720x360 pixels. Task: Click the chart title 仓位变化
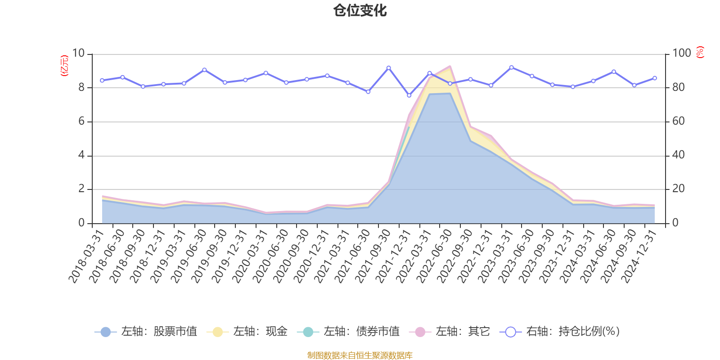coord(360,10)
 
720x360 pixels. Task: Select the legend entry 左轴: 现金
coord(247,332)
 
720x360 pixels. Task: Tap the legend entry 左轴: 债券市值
coord(348,332)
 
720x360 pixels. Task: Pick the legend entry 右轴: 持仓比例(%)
coord(560,332)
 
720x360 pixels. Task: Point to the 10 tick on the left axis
coord(78,54)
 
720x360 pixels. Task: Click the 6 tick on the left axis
coord(81,121)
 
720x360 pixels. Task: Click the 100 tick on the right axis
coord(681,54)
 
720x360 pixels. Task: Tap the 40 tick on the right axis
coord(679,155)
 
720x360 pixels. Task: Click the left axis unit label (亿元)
coord(64,66)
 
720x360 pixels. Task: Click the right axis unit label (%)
coord(700,52)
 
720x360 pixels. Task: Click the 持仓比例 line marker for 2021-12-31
coord(409,95)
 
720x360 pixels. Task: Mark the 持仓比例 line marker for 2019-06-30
coord(204,70)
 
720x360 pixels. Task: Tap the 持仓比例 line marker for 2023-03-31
coord(511,67)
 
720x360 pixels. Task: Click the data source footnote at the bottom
coord(360,355)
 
